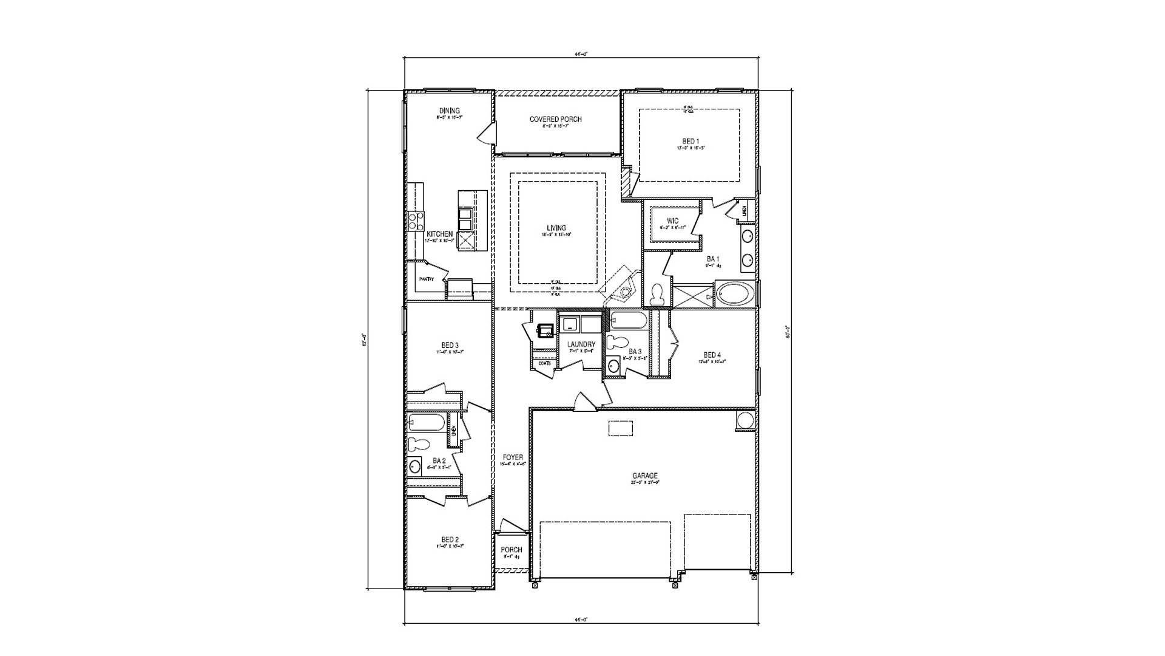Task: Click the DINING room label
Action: [449, 111]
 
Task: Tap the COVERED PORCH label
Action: [555, 119]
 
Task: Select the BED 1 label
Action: [690, 141]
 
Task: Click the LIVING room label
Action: [556, 228]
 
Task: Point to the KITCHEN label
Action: [439, 234]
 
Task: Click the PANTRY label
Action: [426, 279]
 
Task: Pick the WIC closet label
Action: [672, 220]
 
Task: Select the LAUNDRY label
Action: [581, 344]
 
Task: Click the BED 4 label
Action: [712, 355]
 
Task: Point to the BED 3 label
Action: [450, 345]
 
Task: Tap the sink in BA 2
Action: [414, 466]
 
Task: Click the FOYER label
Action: [512, 457]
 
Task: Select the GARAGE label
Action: [644, 476]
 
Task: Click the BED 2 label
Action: [450, 539]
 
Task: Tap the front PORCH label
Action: [511, 550]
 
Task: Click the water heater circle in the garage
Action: [745, 420]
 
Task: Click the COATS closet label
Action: [544, 363]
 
